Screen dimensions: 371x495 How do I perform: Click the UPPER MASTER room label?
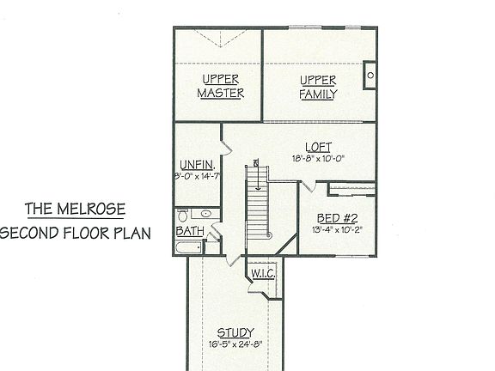(x=221, y=87)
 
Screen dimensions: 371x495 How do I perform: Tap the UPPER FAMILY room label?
(x=318, y=87)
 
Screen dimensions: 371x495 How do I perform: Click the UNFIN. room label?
(x=197, y=165)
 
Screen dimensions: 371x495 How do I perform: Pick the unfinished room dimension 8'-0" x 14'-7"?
(x=197, y=177)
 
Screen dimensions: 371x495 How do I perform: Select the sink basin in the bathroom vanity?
(x=206, y=214)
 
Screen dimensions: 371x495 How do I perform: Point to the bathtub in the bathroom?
(x=189, y=248)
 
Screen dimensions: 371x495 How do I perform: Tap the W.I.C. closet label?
(x=261, y=274)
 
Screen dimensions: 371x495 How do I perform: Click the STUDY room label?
(x=234, y=332)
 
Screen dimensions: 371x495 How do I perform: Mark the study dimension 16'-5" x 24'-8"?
(x=234, y=344)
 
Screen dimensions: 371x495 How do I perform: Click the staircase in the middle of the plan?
(x=258, y=206)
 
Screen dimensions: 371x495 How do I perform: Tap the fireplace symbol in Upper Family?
(x=370, y=76)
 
